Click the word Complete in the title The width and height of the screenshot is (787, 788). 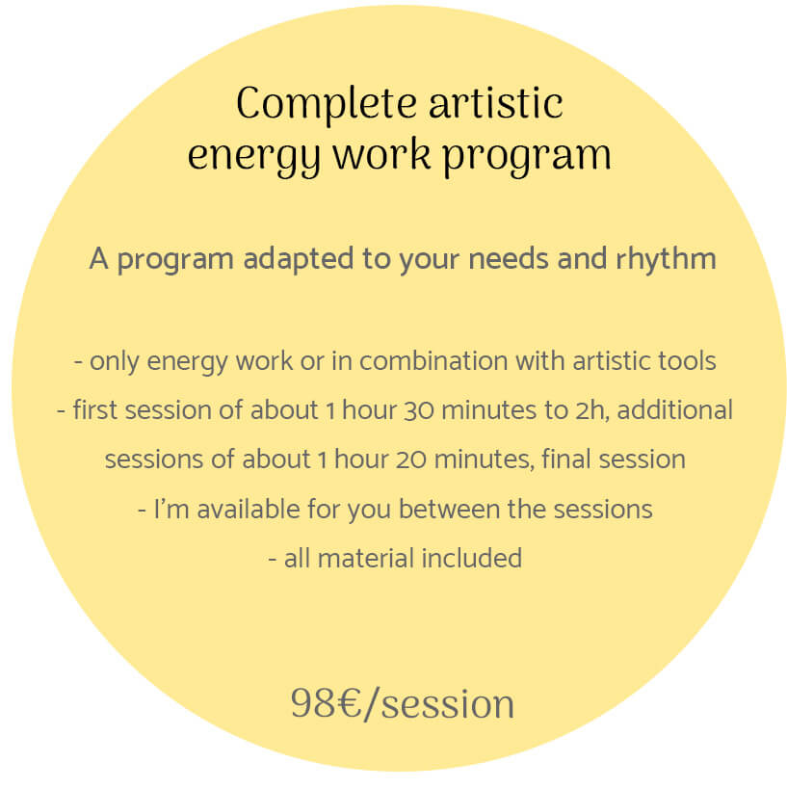327,105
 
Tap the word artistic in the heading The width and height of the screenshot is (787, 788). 495,103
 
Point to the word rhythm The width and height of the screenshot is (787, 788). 666,258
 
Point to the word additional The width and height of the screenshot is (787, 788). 675,409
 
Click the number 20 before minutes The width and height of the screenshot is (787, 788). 410,460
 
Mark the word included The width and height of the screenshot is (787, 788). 472,558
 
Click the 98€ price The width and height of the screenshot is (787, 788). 326,703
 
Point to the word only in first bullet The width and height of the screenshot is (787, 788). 114,362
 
